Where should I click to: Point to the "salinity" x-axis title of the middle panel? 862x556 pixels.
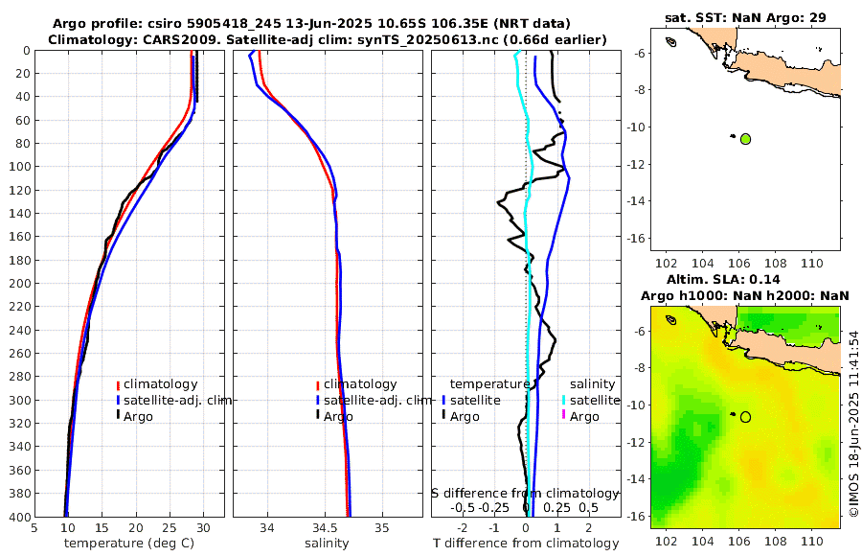[x=326, y=544]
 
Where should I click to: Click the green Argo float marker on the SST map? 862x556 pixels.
[x=746, y=139]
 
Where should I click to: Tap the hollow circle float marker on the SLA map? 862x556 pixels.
[x=746, y=417]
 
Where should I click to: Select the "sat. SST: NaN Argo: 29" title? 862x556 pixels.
[x=744, y=17]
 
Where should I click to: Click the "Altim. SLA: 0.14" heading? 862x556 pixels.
[x=744, y=278]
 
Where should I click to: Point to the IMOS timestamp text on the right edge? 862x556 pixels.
[x=854, y=425]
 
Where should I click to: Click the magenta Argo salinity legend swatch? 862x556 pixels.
[x=564, y=415]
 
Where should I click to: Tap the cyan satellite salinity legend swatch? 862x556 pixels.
[x=564, y=400]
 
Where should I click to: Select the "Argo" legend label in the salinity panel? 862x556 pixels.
[x=338, y=416]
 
